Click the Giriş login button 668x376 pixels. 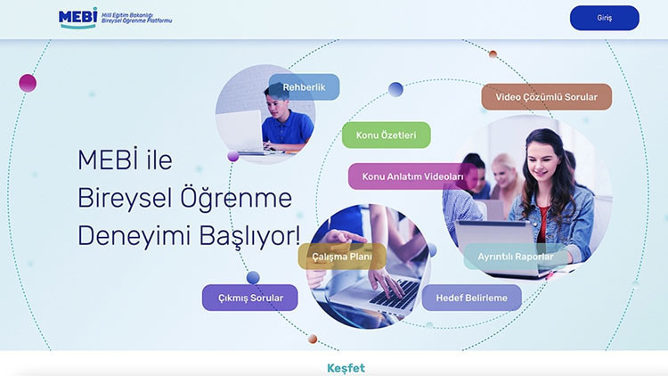pyautogui.click(x=604, y=18)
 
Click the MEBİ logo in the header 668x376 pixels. pyautogui.click(x=77, y=18)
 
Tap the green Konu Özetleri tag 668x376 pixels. pyautogui.click(x=386, y=135)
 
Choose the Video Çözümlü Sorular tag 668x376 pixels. pyautogui.click(x=546, y=96)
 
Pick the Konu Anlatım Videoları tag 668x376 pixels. pyautogui.click(x=412, y=176)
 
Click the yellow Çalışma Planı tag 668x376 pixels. pyautogui.click(x=341, y=257)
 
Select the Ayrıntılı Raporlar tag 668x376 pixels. pyautogui.click(x=515, y=257)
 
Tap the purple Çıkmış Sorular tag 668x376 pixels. pyautogui.click(x=249, y=298)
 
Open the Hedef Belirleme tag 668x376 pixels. pyautogui.click(x=471, y=298)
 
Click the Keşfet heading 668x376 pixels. pyautogui.click(x=346, y=368)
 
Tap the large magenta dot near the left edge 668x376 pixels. pyautogui.click(x=28, y=83)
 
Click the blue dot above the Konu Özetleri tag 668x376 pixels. pyautogui.click(x=395, y=89)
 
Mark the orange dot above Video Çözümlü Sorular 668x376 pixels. pyautogui.click(x=493, y=54)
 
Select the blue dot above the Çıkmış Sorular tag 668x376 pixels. pyautogui.click(x=253, y=277)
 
